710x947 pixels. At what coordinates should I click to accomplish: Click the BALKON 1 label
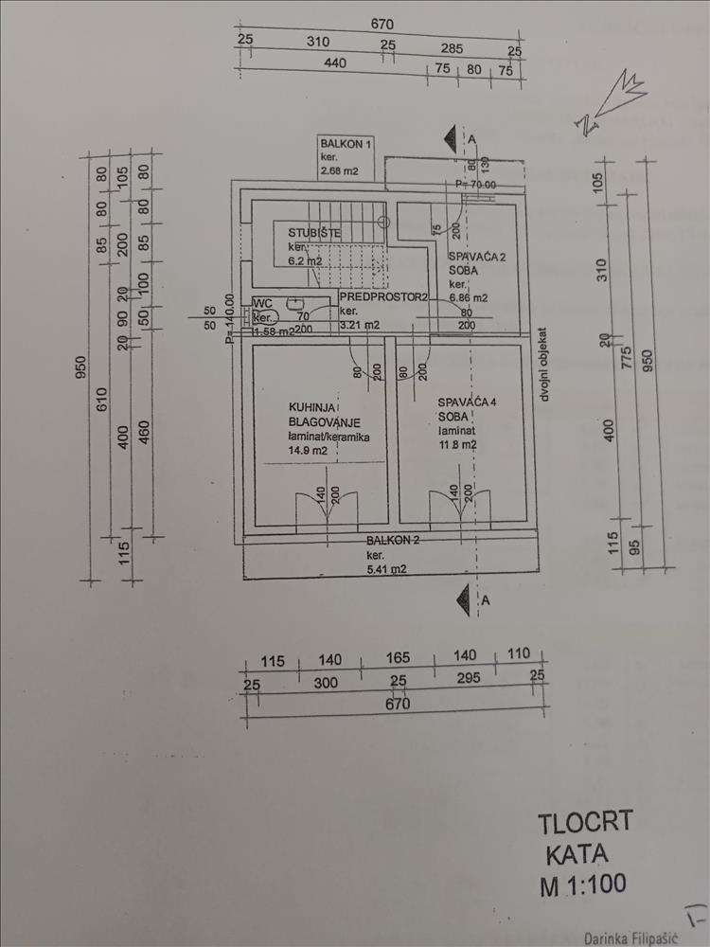347,143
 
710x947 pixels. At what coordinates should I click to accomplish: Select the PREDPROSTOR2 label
384,296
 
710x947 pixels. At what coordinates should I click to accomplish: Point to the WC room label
261,303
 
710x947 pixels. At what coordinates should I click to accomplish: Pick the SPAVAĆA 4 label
467,402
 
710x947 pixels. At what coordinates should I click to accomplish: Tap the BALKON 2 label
394,540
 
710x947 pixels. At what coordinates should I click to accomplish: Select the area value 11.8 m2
457,444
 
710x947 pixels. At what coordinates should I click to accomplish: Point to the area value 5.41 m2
387,569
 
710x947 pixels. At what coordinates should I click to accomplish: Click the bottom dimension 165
398,660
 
